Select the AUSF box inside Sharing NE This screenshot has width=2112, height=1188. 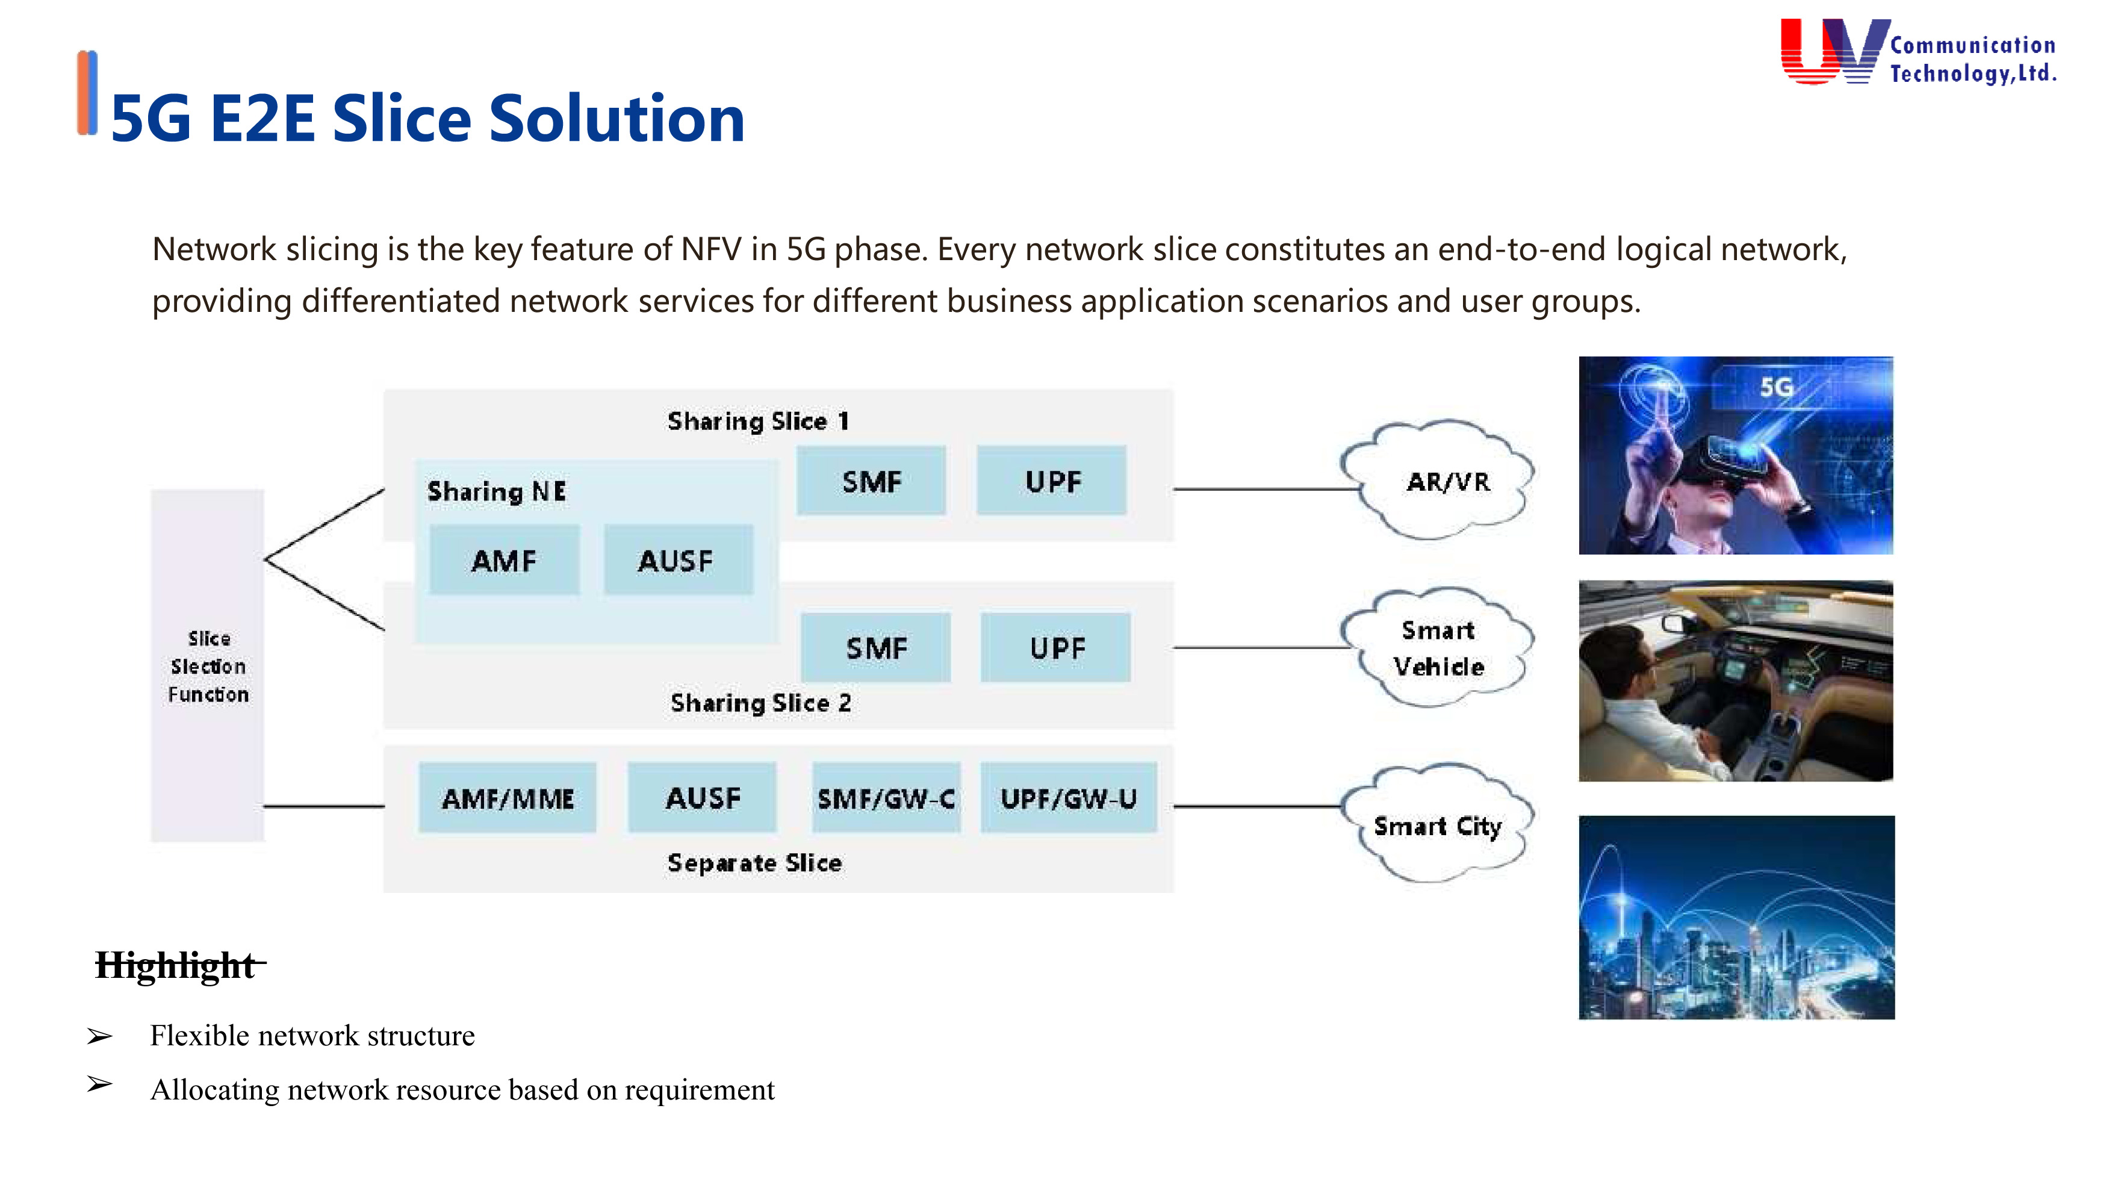click(677, 561)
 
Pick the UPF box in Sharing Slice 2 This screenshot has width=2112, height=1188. click(1056, 648)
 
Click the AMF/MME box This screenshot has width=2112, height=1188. click(508, 798)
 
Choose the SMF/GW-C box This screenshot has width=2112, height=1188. click(886, 798)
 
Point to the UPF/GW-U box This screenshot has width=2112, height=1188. click(1068, 798)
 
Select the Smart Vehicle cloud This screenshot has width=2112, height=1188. click(1438, 648)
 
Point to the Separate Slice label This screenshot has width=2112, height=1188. click(754, 862)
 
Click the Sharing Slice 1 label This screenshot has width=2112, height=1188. click(757, 421)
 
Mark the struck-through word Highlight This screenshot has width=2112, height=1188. click(175, 966)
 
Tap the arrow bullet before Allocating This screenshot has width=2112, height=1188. click(99, 1084)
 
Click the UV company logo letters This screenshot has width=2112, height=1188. click(1833, 51)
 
